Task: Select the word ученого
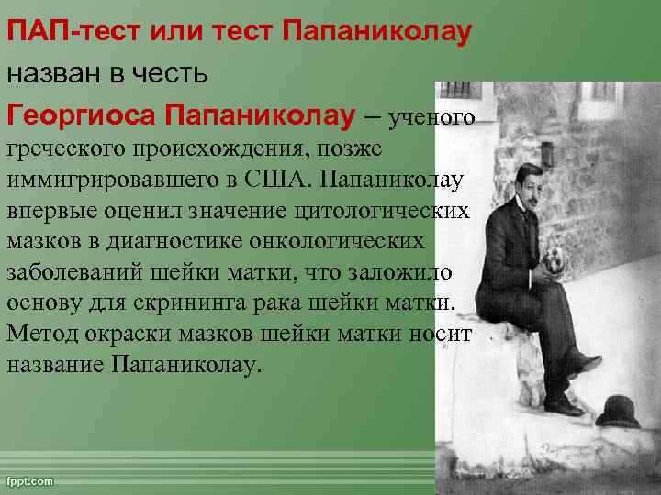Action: point(431,117)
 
